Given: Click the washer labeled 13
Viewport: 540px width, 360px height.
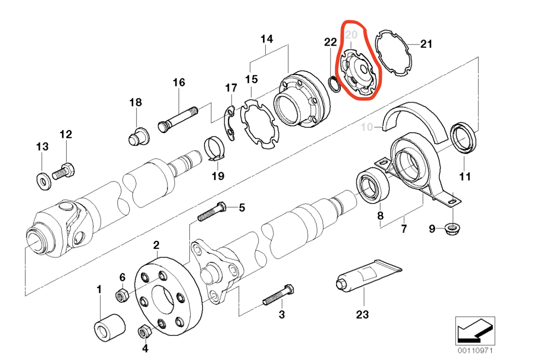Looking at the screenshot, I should (x=43, y=179).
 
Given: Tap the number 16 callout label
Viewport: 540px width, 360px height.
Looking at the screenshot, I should (x=179, y=82).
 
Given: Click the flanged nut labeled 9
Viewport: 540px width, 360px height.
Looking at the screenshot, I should (x=452, y=229).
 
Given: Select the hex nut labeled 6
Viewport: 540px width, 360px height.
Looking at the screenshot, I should (x=122, y=296).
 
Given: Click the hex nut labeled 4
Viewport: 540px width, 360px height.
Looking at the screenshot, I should (x=144, y=331).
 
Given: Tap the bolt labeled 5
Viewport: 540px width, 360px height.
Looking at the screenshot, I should (x=212, y=212).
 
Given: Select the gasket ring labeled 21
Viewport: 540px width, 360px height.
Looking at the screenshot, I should (x=393, y=52).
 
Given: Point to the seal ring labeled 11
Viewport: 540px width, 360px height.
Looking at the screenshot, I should (x=464, y=138).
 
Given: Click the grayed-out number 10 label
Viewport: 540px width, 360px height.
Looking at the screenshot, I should (x=367, y=127).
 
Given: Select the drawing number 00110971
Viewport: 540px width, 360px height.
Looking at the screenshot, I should (x=475, y=351).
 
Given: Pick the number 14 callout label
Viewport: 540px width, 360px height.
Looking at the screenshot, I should (x=267, y=39).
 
